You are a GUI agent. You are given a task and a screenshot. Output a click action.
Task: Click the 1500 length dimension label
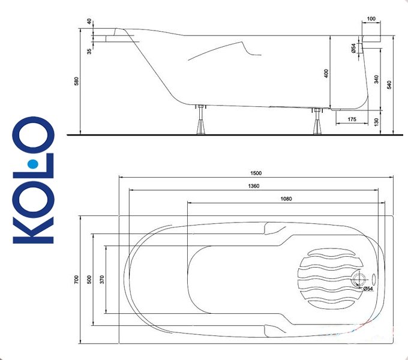click(x=256, y=173)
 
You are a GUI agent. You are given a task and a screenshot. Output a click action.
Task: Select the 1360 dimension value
click(x=254, y=186)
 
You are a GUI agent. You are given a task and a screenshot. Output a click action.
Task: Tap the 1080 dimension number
click(x=286, y=199)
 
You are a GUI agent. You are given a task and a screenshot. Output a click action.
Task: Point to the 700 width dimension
click(x=76, y=280)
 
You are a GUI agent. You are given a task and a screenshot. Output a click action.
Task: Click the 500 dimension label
click(x=89, y=280)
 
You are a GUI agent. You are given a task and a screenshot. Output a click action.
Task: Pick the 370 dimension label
click(x=102, y=280)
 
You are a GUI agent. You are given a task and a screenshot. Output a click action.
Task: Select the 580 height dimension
click(x=76, y=81)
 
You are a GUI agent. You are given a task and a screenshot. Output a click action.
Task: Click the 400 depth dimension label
click(x=326, y=73)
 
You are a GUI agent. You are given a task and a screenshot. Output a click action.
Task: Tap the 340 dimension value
click(x=377, y=79)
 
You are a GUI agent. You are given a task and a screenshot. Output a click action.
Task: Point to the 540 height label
click(x=389, y=85)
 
